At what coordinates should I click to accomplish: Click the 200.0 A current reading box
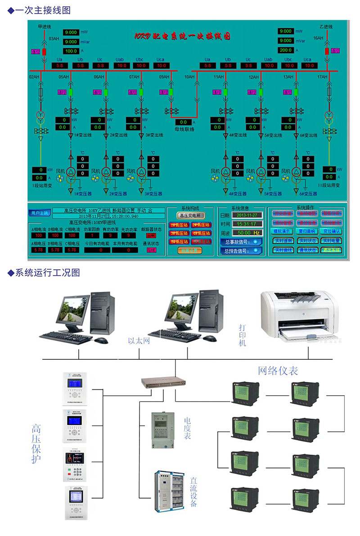tap(286, 50)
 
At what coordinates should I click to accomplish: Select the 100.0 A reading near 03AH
tap(71, 51)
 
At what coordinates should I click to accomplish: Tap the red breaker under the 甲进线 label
tap(44, 51)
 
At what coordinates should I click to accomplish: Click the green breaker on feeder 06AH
tap(106, 92)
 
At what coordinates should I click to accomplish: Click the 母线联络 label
tap(184, 130)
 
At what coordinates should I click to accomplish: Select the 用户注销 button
tap(40, 213)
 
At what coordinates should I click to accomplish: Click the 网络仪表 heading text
tap(278, 371)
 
